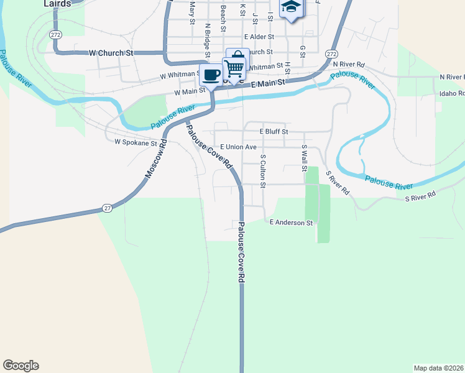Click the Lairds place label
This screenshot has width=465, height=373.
tap(57, 3)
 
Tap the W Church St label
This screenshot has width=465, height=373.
tap(112, 53)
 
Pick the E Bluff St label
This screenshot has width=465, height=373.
tap(274, 132)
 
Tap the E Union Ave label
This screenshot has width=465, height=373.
tap(238, 147)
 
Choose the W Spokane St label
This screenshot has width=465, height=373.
tap(136, 142)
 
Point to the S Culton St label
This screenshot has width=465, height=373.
tap(263, 171)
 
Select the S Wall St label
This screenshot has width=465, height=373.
tap(304, 159)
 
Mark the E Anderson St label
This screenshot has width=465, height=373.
tap(290, 223)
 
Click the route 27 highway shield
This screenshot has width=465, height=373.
tap(108, 208)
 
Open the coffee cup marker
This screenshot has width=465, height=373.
tap(211, 75)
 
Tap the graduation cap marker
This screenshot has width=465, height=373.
tap(291, 7)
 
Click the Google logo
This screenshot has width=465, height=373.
tap(21, 366)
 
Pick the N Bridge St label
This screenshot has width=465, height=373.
tap(208, 35)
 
